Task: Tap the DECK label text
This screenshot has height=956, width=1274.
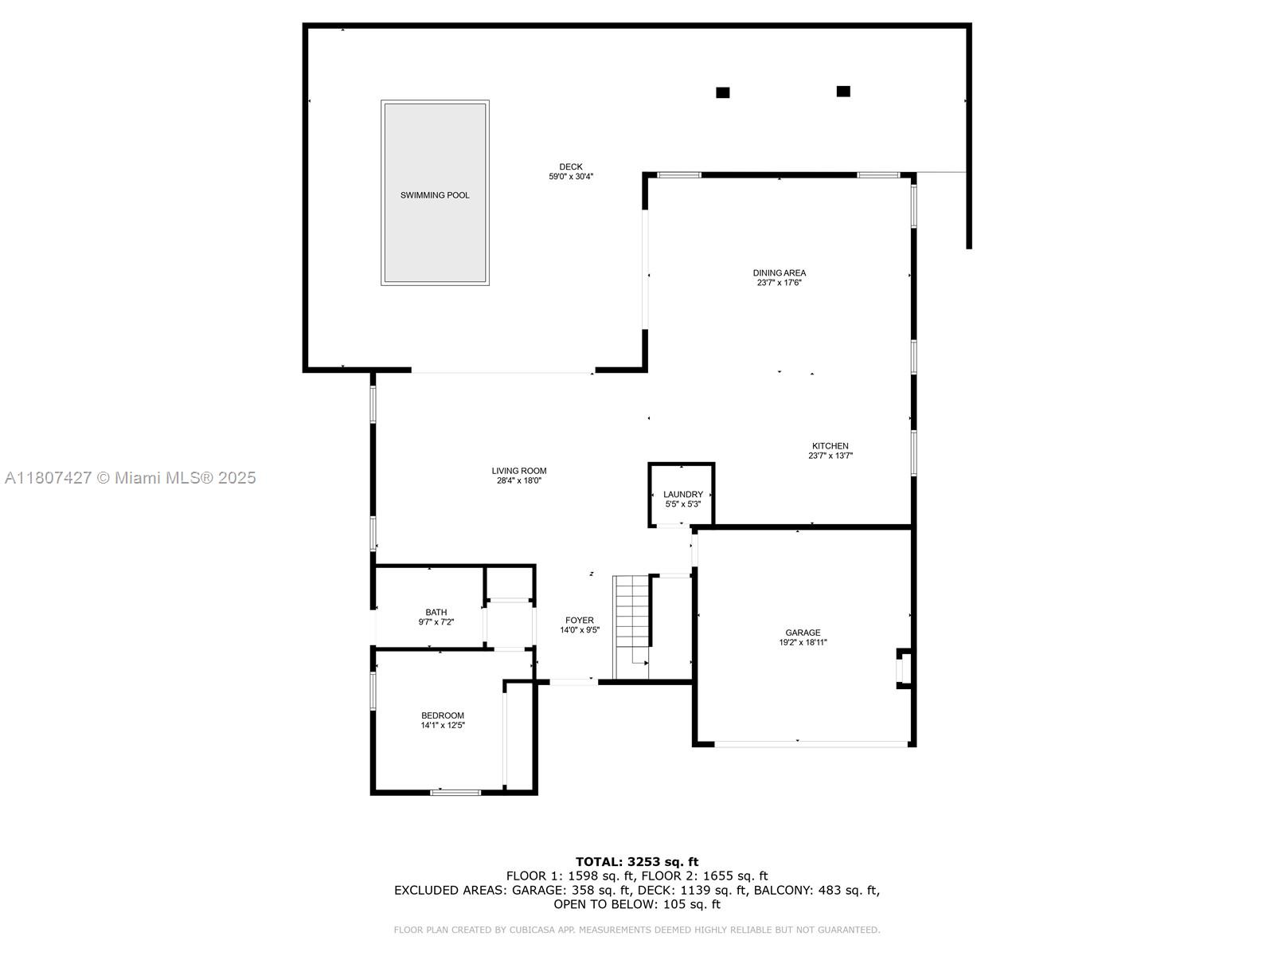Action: (x=570, y=167)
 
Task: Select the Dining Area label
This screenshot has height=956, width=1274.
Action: (x=779, y=272)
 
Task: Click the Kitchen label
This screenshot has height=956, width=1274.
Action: (x=830, y=446)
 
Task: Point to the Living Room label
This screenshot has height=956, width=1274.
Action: (x=518, y=471)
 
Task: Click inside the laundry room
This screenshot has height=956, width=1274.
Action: (x=682, y=498)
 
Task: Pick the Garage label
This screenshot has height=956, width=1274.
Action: (x=803, y=633)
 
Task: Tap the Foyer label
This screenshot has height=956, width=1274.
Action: (x=579, y=620)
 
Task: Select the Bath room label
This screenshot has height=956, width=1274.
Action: (x=436, y=612)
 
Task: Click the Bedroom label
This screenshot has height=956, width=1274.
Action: (x=442, y=715)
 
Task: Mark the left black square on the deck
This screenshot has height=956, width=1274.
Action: (x=722, y=92)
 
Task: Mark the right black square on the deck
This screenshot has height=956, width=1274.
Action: (x=843, y=92)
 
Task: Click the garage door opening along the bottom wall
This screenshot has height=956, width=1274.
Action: (x=811, y=744)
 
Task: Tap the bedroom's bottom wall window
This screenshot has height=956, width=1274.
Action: (x=455, y=792)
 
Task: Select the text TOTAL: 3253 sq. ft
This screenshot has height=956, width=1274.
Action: (x=636, y=861)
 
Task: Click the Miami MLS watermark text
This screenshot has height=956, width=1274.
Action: (x=130, y=478)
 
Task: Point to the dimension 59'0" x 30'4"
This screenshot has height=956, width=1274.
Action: (x=570, y=177)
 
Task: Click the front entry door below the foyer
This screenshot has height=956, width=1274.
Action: (x=573, y=681)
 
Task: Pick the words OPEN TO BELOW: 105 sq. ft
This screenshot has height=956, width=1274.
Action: (x=636, y=904)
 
